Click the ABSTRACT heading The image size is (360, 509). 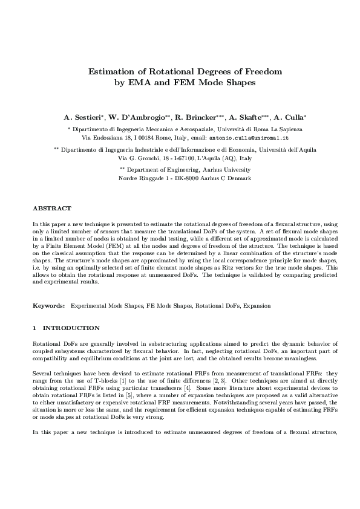pos(52,208)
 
